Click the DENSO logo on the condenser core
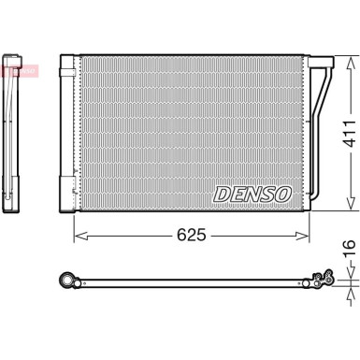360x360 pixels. click(x=252, y=194)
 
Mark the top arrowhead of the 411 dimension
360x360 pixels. click(x=350, y=57)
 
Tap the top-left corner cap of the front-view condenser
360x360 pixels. click(x=66, y=63)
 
